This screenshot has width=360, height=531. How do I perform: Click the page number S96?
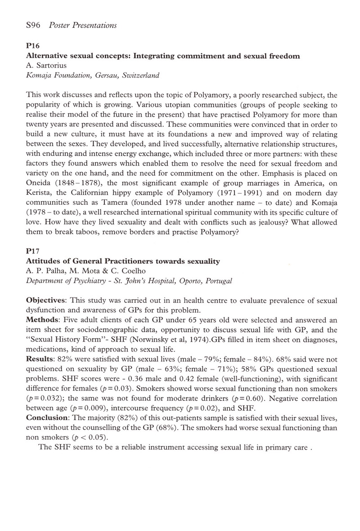[x=34, y=25]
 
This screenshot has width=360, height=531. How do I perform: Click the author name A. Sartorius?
[x=47, y=66]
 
